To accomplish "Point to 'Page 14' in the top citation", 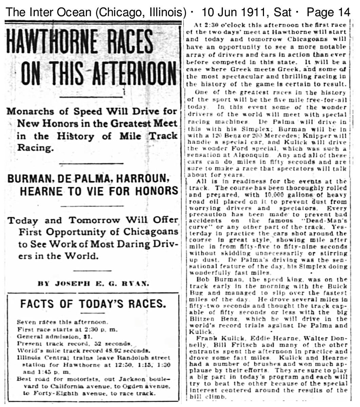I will (x=328, y=13).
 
